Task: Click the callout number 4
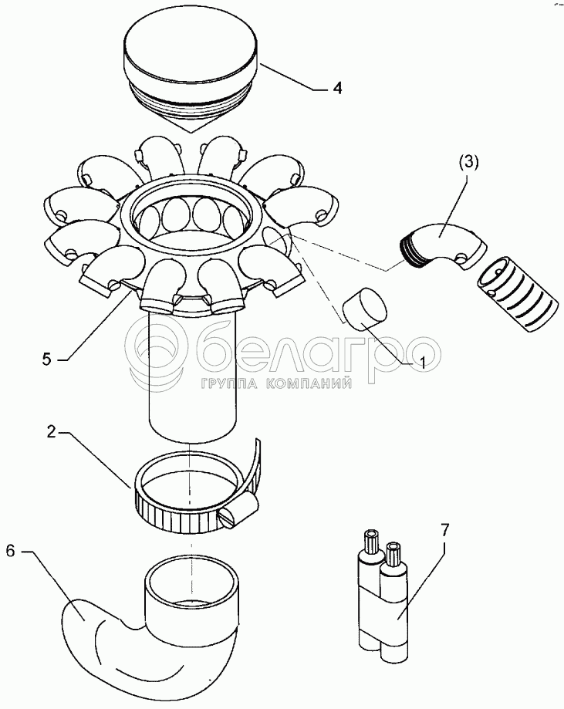click(x=336, y=88)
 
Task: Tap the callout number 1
click(x=423, y=362)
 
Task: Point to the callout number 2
click(x=51, y=432)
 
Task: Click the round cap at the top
click(x=191, y=77)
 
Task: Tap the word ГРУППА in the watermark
click(x=229, y=384)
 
